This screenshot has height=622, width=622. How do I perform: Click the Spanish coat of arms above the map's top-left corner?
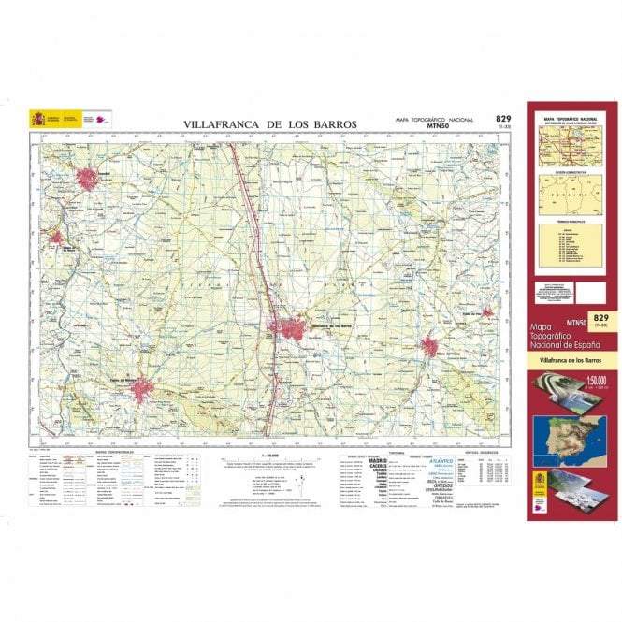pos(37,120)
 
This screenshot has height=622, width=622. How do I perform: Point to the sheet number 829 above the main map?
pos(503,119)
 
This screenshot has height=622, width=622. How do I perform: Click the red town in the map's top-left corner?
pos(88,178)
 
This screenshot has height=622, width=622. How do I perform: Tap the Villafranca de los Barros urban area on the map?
pos(290,329)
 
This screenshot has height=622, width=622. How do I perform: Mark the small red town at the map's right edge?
pos(487,312)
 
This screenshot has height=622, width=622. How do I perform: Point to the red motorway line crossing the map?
pos(253,234)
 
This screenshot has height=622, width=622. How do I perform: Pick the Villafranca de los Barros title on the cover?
pos(571,360)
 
